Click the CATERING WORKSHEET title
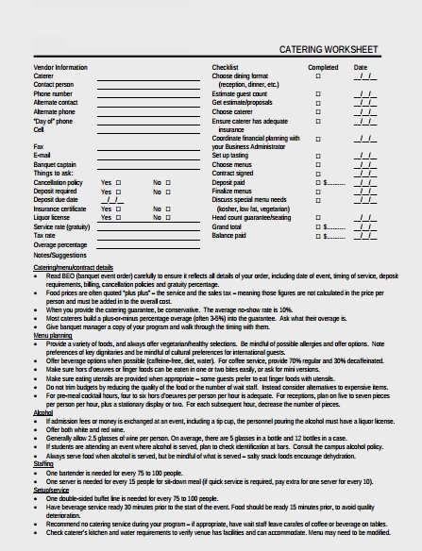[329, 49]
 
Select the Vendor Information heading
[60, 68]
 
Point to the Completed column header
[323, 68]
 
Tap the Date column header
[361, 68]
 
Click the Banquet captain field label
[56, 164]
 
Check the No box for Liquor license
[168, 217]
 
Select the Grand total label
[227, 226]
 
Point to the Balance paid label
[229, 235]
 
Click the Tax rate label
[46, 235]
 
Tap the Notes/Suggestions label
[59, 255]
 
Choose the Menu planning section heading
[53, 335]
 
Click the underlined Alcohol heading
[43, 412]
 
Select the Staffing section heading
[43, 464]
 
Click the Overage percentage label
[60, 243]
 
